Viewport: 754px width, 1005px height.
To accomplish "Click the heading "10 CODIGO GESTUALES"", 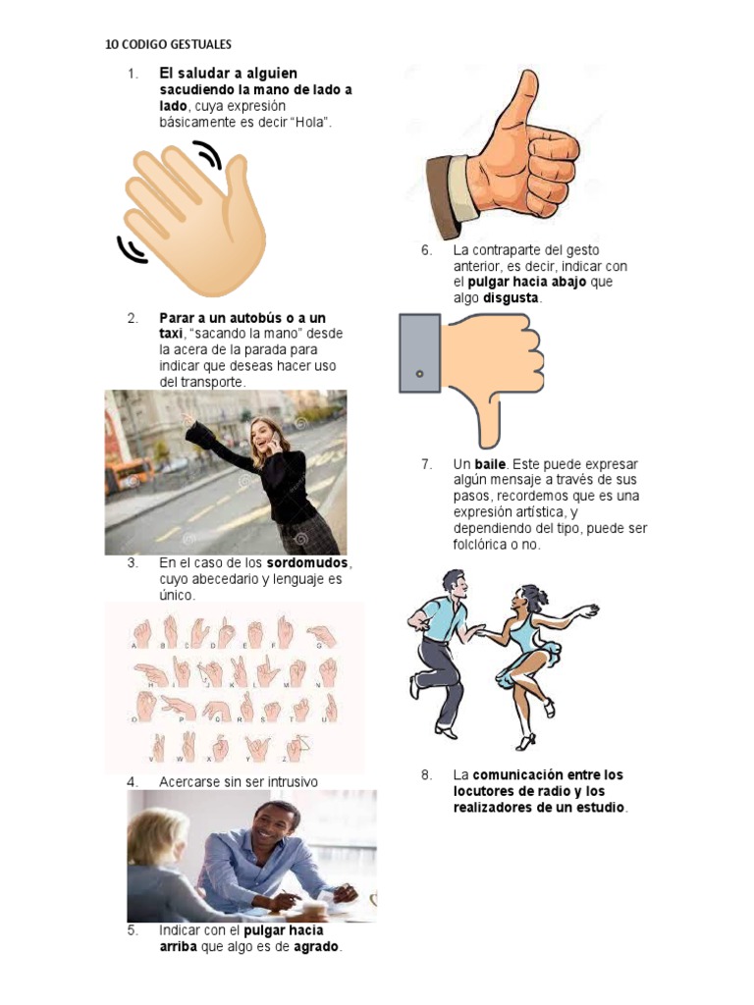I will (x=168, y=44).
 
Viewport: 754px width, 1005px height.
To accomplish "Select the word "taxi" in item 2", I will (x=171, y=334).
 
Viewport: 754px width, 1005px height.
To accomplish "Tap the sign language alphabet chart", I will (x=234, y=687).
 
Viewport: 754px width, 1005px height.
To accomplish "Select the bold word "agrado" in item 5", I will (x=316, y=947).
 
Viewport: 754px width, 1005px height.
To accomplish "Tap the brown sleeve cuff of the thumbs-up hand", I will (x=443, y=196).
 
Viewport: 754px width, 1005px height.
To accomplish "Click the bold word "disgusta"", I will (x=512, y=298).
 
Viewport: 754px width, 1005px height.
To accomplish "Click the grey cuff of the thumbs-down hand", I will (x=419, y=353).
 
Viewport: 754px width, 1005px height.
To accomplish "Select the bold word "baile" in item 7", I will (x=491, y=464).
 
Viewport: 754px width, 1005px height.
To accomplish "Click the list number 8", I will (x=426, y=775).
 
